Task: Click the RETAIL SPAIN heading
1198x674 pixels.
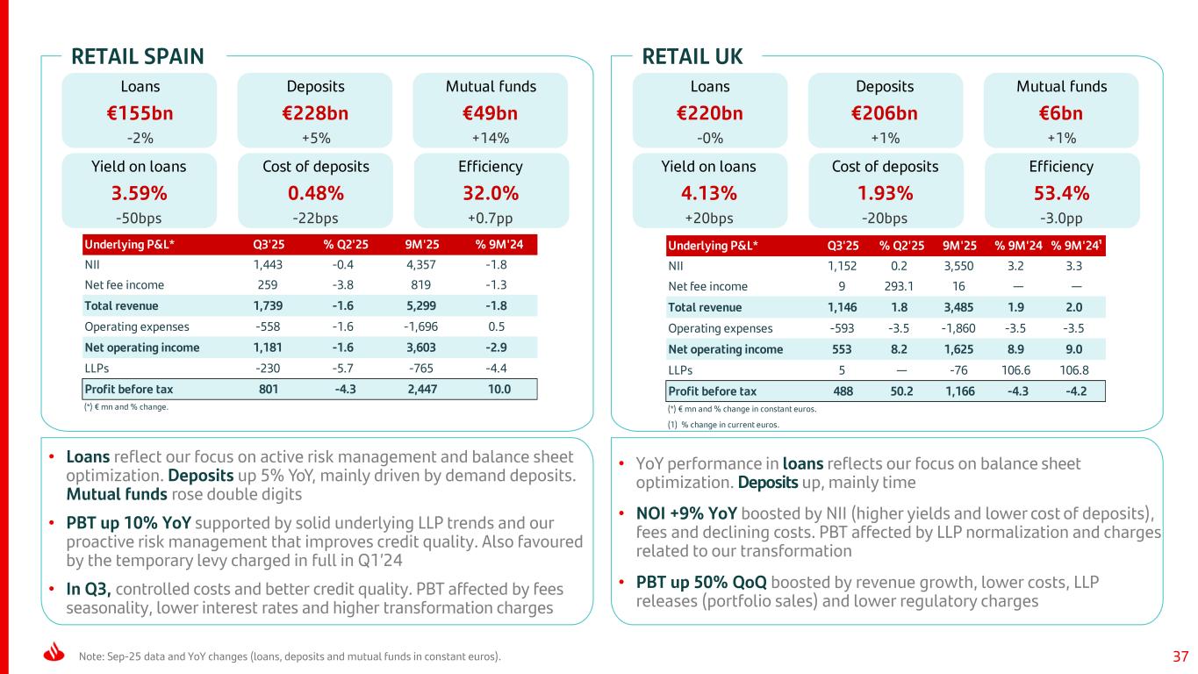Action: tap(137, 57)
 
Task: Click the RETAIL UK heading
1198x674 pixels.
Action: tap(692, 57)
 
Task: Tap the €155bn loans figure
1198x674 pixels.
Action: tap(140, 113)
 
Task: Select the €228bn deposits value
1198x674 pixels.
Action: tap(315, 113)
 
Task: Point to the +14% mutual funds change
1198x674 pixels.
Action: tap(491, 137)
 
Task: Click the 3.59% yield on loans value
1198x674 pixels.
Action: tap(140, 192)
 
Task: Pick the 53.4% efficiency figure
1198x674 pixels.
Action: tap(1061, 192)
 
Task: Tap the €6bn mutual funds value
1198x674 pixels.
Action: tap(1061, 113)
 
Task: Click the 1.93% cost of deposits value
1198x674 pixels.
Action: tap(886, 192)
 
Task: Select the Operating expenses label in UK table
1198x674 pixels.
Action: tap(721, 328)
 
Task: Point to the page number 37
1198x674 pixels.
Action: tap(1180, 656)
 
